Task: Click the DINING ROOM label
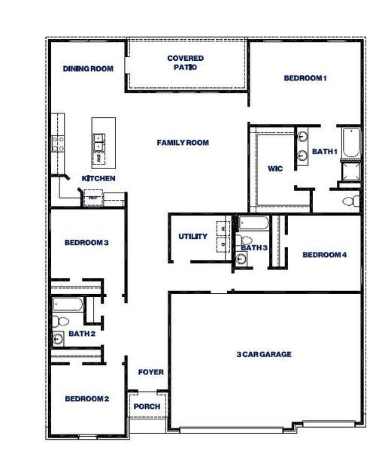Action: click(x=88, y=69)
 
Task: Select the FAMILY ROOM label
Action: click(x=183, y=143)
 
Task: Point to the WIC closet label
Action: click(x=274, y=169)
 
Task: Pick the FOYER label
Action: click(x=150, y=373)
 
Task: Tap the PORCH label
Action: click(x=146, y=407)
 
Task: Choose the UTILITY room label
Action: click(x=192, y=237)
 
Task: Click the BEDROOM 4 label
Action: click(x=324, y=255)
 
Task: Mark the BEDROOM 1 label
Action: click(x=305, y=78)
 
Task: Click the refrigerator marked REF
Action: click(x=93, y=198)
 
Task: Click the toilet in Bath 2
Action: click(x=57, y=322)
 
